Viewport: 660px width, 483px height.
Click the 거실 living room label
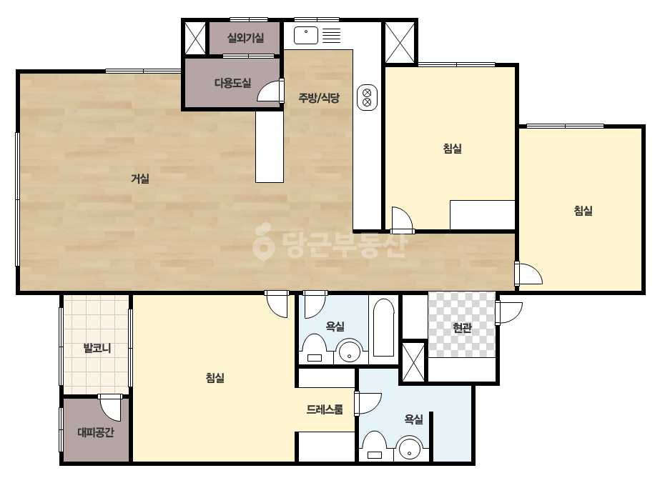tap(140, 179)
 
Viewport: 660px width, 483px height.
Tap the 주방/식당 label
tap(319, 98)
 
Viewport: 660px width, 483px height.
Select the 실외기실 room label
tap(245, 38)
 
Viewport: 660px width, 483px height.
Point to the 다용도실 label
tap(233, 83)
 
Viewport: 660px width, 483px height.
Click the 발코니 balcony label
tap(97, 348)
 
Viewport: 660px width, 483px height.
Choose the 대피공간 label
tap(96, 432)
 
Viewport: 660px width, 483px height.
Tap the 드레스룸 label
tap(325, 409)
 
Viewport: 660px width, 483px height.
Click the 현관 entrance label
tap(462, 328)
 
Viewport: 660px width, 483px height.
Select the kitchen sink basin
tap(306, 35)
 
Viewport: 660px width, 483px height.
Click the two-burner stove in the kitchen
tap(367, 98)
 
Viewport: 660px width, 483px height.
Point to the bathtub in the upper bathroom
tap(383, 327)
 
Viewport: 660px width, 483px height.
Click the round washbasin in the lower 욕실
tap(410, 449)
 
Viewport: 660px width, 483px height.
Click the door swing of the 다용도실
tap(270, 91)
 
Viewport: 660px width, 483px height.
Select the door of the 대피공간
tap(110, 407)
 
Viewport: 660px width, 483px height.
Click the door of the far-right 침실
tap(528, 274)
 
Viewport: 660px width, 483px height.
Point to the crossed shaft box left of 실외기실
tap(196, 39)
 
